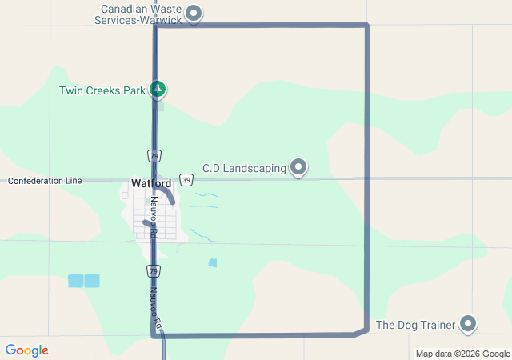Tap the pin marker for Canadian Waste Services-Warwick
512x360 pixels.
pos(193,13)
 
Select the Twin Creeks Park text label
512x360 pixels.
pos(102,90)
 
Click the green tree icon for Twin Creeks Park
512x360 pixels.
pos(159,89)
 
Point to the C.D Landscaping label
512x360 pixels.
pos(244,168)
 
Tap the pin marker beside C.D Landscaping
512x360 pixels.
pos(298,167)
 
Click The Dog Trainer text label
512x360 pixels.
pos(415,325)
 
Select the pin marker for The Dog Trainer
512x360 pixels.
pos(468,324)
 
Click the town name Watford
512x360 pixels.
pos(151,183)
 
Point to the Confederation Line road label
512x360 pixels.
pos(45,181)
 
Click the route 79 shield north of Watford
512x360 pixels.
pos(153,154)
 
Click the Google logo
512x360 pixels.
pos(26,350)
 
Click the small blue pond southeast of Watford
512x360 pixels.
pos(212,262)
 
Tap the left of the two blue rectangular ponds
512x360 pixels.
pos(75,280)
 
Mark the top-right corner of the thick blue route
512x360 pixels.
pos(367,26)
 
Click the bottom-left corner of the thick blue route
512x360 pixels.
pos(153,336)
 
